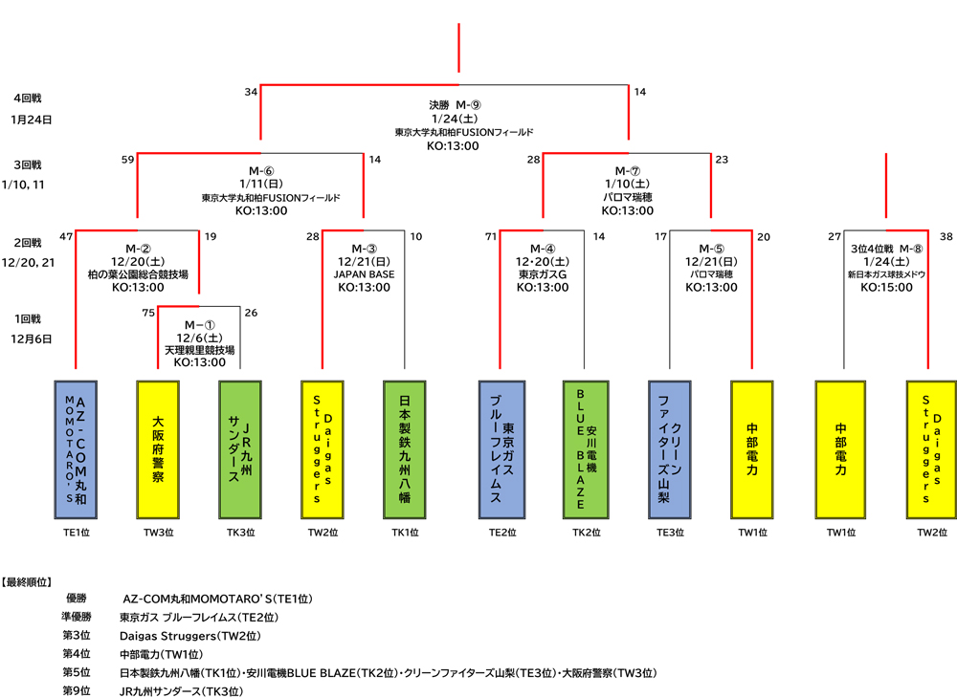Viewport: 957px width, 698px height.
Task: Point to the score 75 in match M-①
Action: (x=148, y=313)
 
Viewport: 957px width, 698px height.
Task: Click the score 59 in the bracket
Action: (x=127, y=160)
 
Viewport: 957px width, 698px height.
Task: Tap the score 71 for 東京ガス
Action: (x=491, y=236)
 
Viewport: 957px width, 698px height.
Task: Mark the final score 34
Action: (x=251, y=92)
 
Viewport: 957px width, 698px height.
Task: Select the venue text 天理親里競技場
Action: (x=199, y=351)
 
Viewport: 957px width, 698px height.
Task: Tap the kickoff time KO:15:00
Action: (x=886, y=287)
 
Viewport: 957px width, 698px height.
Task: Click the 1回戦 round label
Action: (x=28, y=318)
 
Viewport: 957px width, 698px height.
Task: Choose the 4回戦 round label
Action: (x=28, y=98)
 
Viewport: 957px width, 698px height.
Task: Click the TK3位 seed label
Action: (x=240, y=534)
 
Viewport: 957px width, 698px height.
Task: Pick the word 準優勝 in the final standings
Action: (x=76, y=617)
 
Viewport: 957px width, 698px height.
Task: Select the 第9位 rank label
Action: (x=76, y=690)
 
